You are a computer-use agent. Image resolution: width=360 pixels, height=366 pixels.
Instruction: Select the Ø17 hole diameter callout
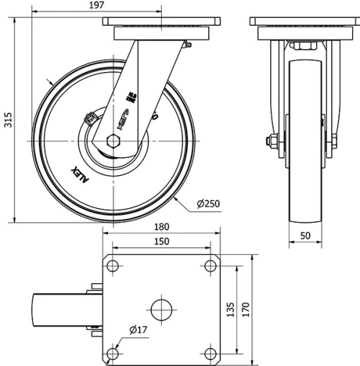139,331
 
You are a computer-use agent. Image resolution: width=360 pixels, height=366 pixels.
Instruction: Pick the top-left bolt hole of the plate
113,266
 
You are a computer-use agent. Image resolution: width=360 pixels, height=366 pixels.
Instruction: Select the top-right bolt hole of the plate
210,266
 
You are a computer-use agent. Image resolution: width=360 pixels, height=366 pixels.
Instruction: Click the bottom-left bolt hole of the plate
113,354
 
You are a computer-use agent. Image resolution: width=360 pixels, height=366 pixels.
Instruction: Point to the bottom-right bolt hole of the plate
210,354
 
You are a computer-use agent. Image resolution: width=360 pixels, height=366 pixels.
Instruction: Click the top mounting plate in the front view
305,31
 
